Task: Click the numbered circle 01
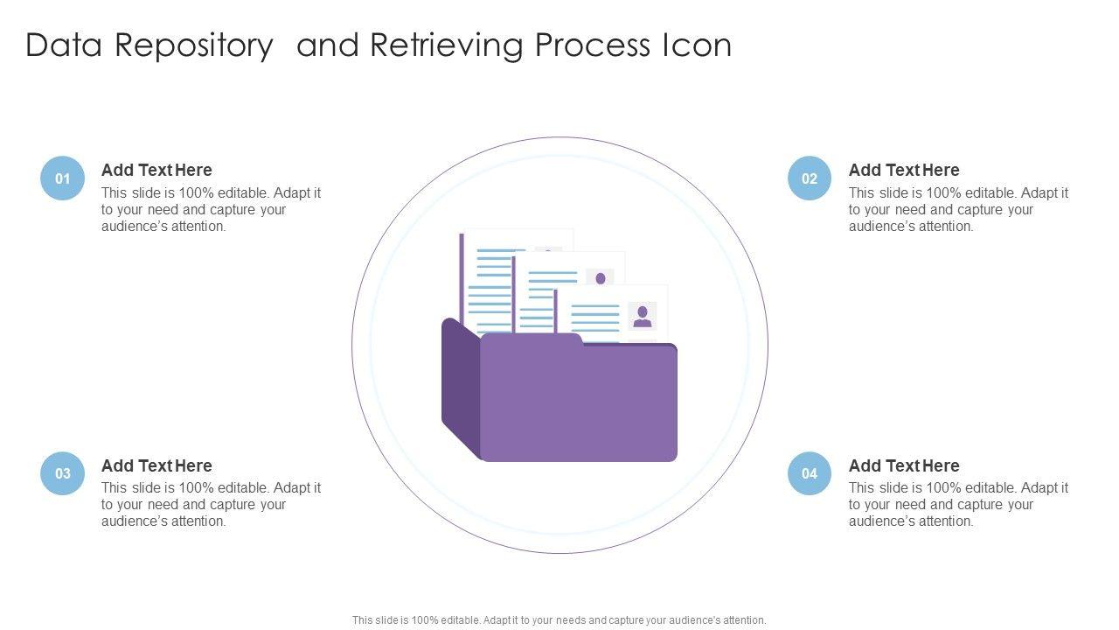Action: [63, 178]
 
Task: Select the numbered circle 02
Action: [810, 178]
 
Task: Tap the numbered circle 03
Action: [63, 473]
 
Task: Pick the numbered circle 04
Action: [810, 473]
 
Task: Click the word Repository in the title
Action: [194, 45]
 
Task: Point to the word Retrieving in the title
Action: [448, 45]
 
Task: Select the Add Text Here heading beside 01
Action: [156, 170]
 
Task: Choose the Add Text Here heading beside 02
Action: [904, 170]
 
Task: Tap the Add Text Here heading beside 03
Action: [156, 465]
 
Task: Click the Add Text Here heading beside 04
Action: [904, 465]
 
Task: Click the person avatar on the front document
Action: [643, 316]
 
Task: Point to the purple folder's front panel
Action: [579, 402]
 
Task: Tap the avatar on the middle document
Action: [600, 278]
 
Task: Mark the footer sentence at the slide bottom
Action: [559, 620]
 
